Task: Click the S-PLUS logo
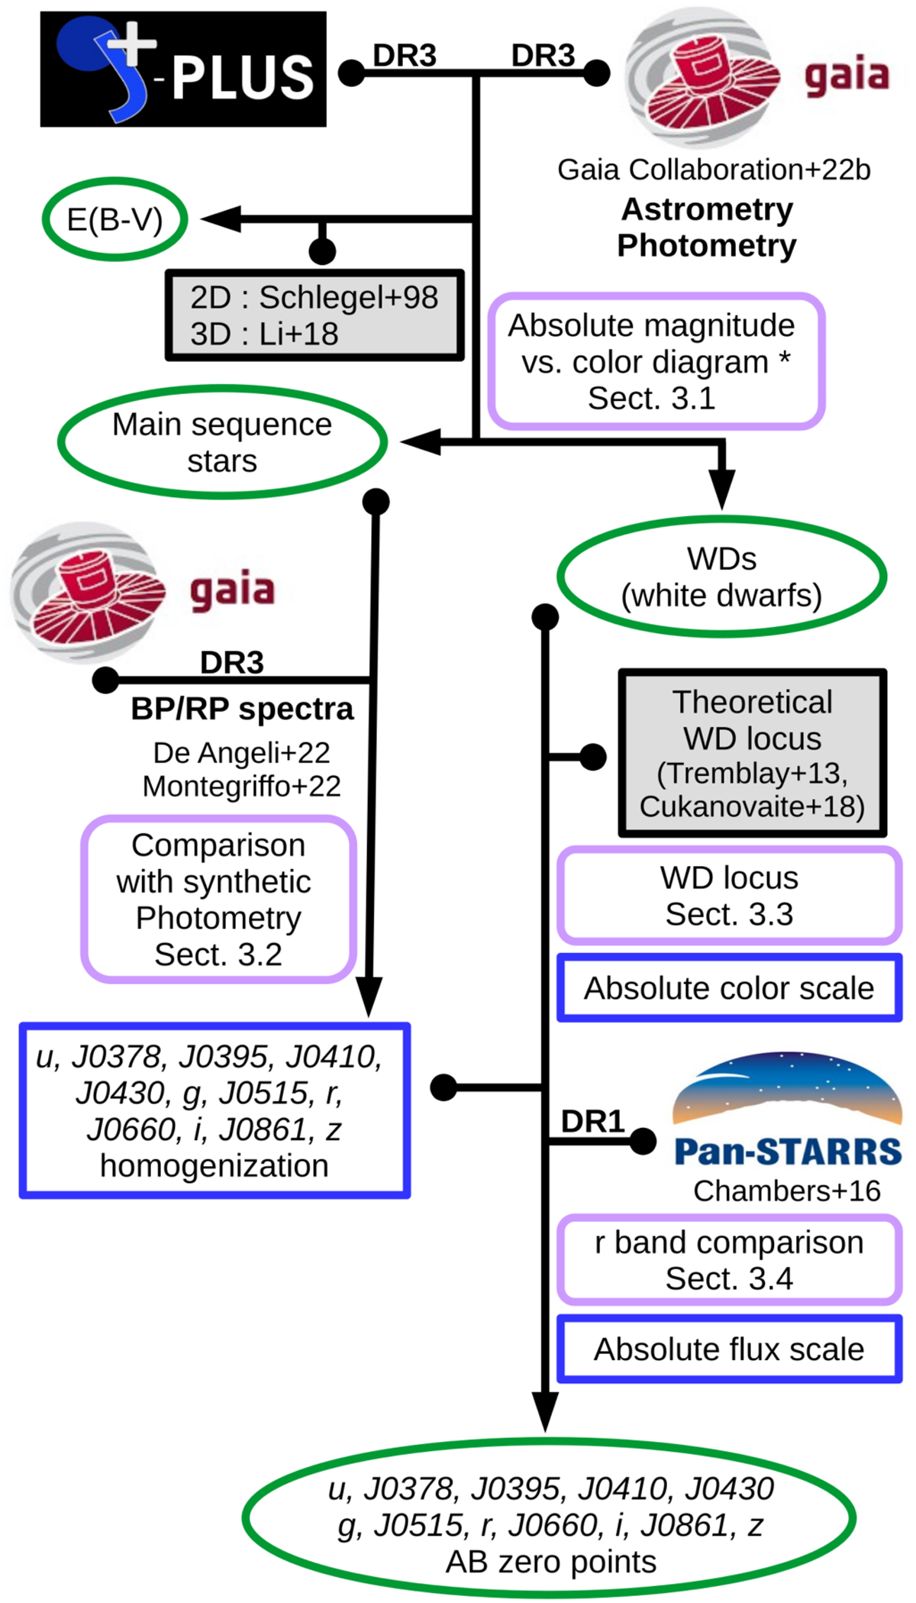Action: pyautogui.click(x=183, y=69)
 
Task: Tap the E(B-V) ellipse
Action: pyautogui.click(x=114, y=220)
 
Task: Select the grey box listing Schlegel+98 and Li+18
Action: pyautogui.click(x=314, y=315)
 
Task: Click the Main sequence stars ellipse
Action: pyautogui.click(x=222, y=443)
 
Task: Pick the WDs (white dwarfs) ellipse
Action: pyautogui.click(x=721, y=577)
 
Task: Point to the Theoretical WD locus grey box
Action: pyautogui.click(x=752, y=754)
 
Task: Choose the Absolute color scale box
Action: pyautogui.click(x=729, y=988)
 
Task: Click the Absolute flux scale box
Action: pyautogui.click(x=729, y=1349)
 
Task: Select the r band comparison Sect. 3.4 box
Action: pyautogui.click(x=729, y=1261)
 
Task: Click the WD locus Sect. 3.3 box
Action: pyautogui.click(x=729, y=896)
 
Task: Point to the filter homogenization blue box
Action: pyautogui.click(x=214, y=1111)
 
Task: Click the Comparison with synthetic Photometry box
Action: pyautogui.click(x=218, y=900)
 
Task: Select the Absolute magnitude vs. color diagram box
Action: pyautogui.click(x=656, y=362)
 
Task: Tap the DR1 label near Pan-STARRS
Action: pyautogui.click(x=593, y=1121)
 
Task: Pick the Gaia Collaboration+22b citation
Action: pyautogui.click(x=714, y=170)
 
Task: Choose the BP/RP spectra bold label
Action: pyautogui.click(x=242, y=709)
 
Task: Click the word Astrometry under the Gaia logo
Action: pyautogui.click(x=707, y=209)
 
